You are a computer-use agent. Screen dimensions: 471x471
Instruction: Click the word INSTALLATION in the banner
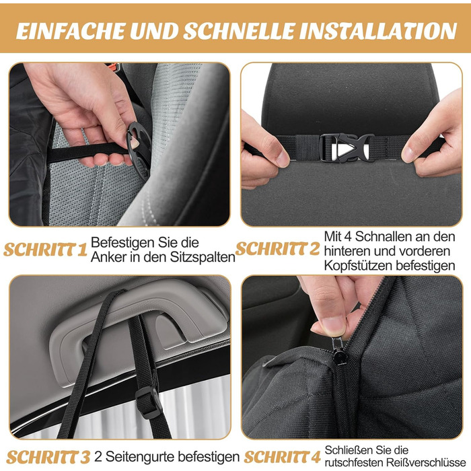[378, 31]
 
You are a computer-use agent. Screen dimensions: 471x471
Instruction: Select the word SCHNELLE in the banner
[239, 31]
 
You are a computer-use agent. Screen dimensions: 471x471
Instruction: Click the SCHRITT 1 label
[45, 250]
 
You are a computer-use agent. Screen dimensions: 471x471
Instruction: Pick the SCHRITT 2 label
[277, 248]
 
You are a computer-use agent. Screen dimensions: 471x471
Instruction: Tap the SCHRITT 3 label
[48, 458]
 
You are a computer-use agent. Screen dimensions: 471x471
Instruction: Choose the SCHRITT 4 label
[282, 458]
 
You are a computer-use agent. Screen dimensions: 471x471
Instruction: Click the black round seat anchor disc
[139, 149]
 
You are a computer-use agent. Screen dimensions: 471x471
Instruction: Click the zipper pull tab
[339, 351]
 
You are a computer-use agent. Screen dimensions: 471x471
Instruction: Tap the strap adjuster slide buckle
[149, 402]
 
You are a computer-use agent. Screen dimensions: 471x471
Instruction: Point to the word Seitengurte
[140, 457]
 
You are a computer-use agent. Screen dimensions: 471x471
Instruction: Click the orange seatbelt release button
[112, 65]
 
